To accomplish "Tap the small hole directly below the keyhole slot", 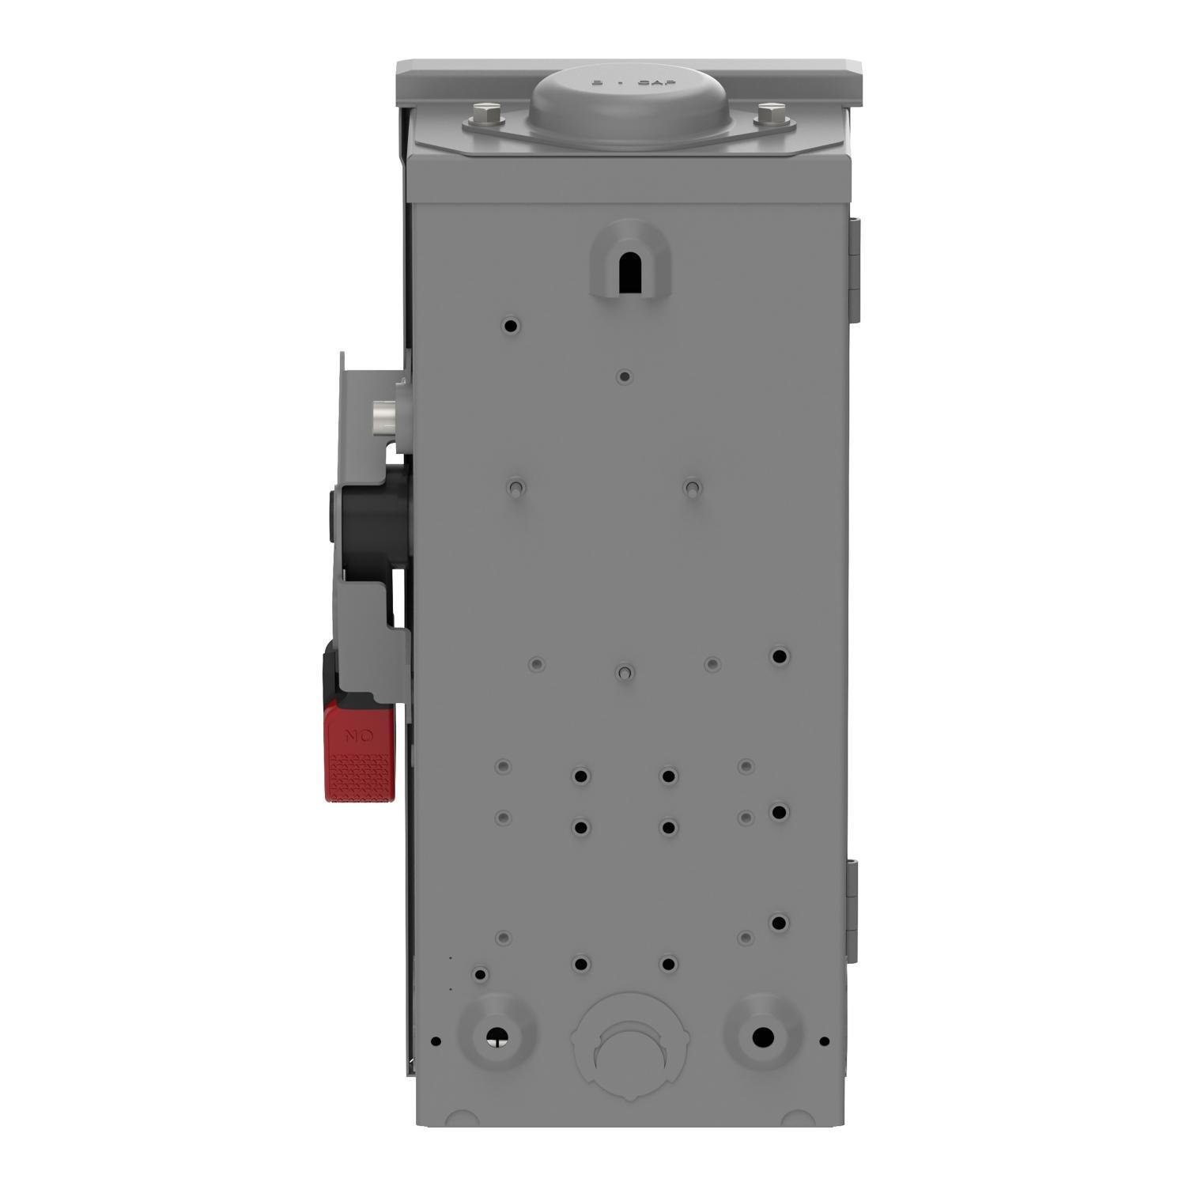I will point(625,376).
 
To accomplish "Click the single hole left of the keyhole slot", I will point(511,325).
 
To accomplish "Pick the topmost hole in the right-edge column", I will point(780,656).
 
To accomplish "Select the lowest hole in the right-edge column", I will point(780,923).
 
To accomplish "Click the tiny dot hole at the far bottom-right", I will point(825,1041).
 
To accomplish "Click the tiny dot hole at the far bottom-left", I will point(436,1041).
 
